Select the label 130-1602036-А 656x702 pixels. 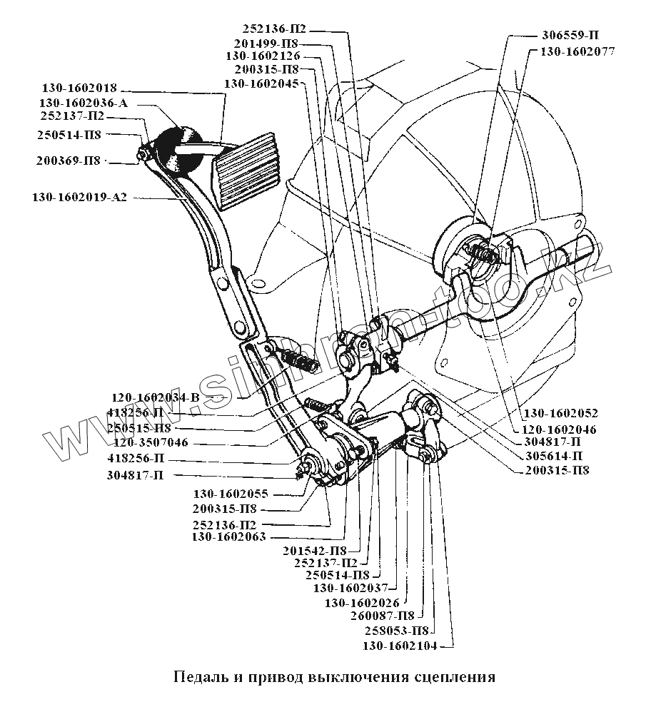tap(84, 103)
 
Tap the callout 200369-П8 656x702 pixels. tap(69, 161)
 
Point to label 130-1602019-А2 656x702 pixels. tap(79, 197)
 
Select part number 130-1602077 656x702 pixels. tap(576, 51)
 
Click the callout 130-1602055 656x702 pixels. tap(231, 493)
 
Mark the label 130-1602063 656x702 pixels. tap(229, 536)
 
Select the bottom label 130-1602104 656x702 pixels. tap(398, 646)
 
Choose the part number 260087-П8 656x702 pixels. tap(383, 615)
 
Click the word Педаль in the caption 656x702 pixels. tap(198, 676)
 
